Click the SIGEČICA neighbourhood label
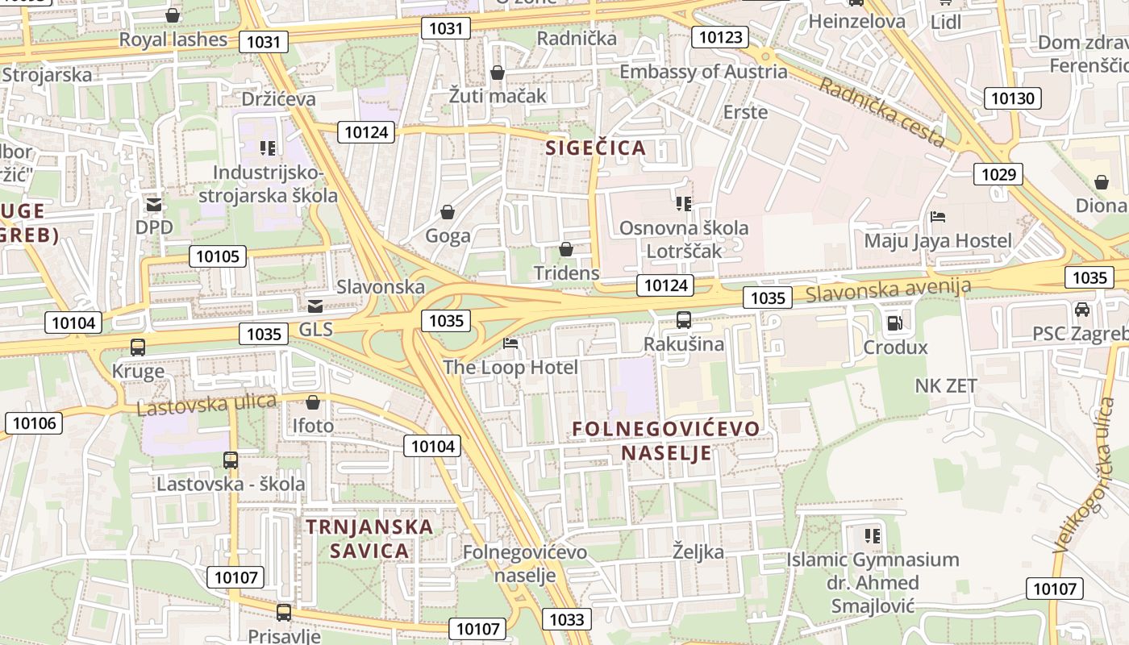(596, 148)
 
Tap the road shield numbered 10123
(720, 37)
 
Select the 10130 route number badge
(1012, 98)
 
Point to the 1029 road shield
(998, 174)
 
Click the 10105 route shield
(218, 256)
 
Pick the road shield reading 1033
(566, 619)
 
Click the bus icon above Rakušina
(684, 320)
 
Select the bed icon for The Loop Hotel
(510, 343)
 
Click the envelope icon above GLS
(315, 306)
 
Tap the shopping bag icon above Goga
(448, 212)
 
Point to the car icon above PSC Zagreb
(1082, 309)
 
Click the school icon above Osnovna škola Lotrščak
(684, 203)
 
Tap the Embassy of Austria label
(703, 71)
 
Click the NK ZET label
(946, 385)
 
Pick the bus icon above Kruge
(138, 347)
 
